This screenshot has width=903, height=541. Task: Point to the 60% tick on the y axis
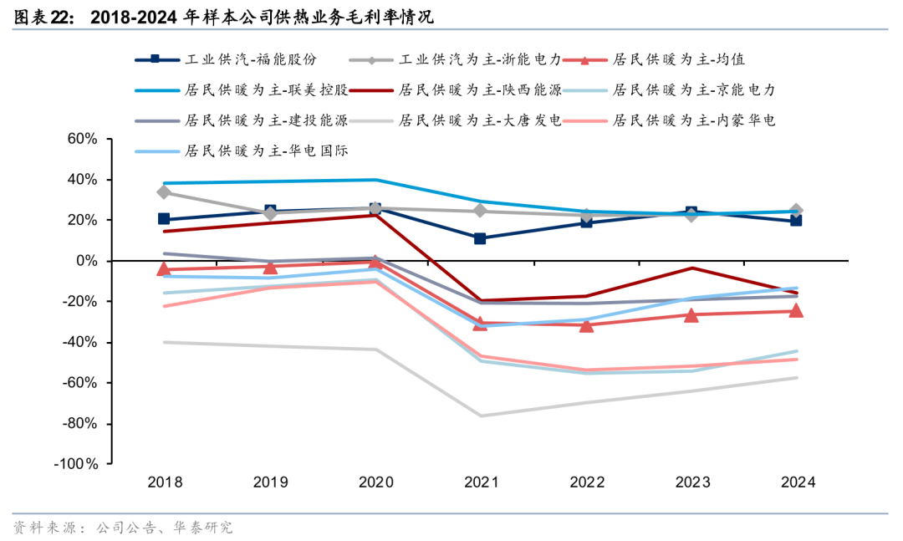pos(83,139)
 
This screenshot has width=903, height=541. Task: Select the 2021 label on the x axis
pos(481,482)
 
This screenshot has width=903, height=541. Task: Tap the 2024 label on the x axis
pos(797,482)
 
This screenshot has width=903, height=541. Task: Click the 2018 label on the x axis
pos(165,482)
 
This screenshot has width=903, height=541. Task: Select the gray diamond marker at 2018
pos(165,192)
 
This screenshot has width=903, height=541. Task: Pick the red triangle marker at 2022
pos(586,324)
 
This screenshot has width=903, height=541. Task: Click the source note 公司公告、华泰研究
pos(164,528)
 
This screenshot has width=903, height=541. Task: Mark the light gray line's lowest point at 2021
pos(481,416)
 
